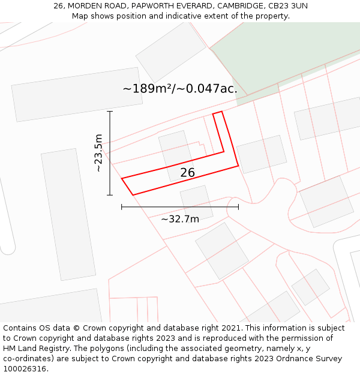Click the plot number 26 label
tap(188, 173)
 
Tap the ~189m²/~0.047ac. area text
tap(180, 89)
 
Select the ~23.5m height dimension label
tap(99, 153)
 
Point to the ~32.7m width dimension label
tap(180, 219)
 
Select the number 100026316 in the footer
tap(25, 368)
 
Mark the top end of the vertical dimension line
tap(110, 112)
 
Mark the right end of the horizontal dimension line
tap(238, 207)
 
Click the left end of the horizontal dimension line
tap(122, 207)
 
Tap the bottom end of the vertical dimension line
tap(110, 194)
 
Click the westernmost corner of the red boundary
tap(122, 179)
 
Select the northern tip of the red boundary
tap(221, 111)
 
